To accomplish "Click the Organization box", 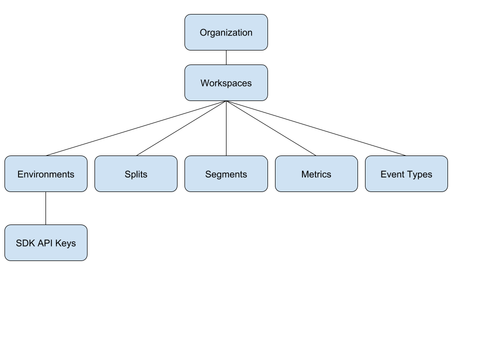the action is pyautogui.click(x=226, y=32).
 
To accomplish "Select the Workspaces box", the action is pyautogui.click(x=226, y=82).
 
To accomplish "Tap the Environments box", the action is pyautogui.click(x=46, y=174).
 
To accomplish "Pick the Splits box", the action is pyautogui.click(x=136, y=174).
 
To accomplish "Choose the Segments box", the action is pyautogui.click(x=226, y=174).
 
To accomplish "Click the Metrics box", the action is pyautogui.click(x=316, y=174).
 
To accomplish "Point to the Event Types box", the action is pyautogui.click(x=406, y=174).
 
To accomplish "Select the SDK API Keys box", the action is pyautogui.click(x=46, y=243).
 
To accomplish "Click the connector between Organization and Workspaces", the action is pyautogui.click(x=226, y=57).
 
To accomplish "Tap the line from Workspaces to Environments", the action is pyautogui.click(x=136, y=128).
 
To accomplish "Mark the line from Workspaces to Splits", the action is pyautogui.click(x=181, y=128).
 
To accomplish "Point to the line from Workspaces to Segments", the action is pyautogui.click(x=226, y=128).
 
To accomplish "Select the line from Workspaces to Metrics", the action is pyautogui.click(x=271, y=128).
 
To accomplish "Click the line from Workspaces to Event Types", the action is pyautogui.click(x=316, y=128).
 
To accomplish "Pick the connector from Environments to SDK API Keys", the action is pyautogui.click(x=46, y=208).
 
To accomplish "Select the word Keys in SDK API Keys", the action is pyautogui.click(x=65, y=243).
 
